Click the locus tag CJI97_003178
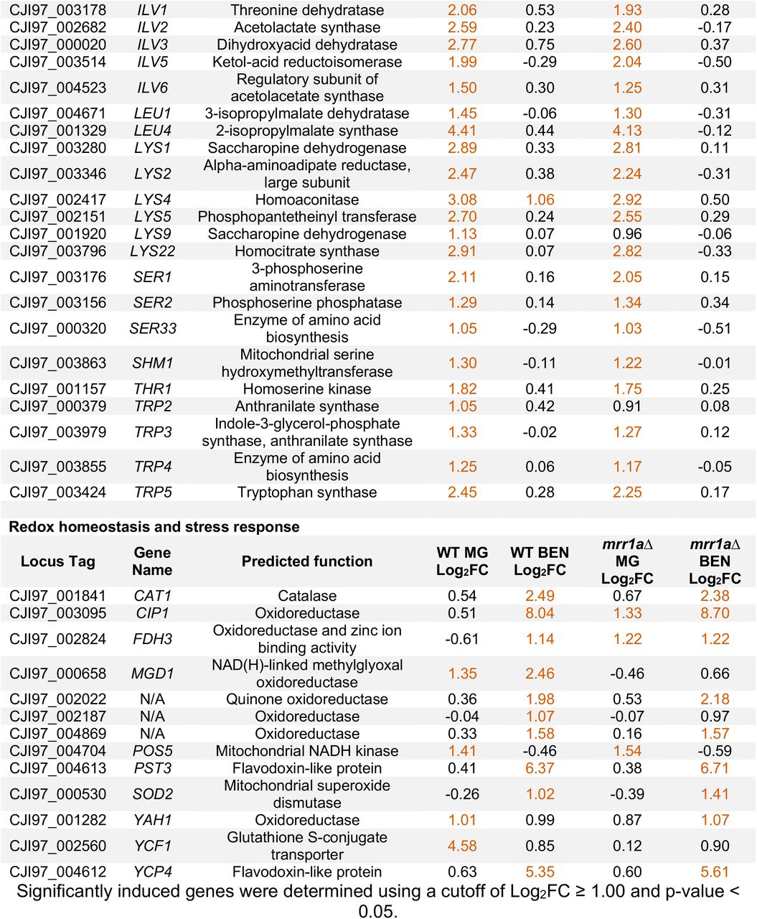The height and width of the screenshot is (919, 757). coord(57,9)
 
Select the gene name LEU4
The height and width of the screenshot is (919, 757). coord(152,130)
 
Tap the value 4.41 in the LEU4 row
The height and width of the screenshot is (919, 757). coord(462,130)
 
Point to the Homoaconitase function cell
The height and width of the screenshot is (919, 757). coord(307,200)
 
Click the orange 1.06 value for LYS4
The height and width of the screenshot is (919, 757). coord(540,200)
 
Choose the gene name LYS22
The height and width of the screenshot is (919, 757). coord(152,251)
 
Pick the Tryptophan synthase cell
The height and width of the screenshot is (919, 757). coord(307,492)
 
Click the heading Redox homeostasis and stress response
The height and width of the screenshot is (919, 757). coord(154,526)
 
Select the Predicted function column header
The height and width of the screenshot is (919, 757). coord(307,561)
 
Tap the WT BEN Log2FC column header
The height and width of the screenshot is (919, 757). coord(540,561)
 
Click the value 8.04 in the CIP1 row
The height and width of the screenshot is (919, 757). coord(540,612)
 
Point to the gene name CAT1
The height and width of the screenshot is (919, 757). coord(152,595)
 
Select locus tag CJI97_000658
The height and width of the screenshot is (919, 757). coord(57,673)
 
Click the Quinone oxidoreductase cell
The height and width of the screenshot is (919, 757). coord(307,699)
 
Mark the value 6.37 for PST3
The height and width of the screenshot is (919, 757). coord(540,768)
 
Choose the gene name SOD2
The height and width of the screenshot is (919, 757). coord(152,794)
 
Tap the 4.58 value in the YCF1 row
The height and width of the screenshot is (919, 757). coord(462,846)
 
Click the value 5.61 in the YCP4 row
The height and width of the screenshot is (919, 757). coord(715,872)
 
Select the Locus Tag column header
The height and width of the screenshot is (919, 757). coord(57,561)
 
